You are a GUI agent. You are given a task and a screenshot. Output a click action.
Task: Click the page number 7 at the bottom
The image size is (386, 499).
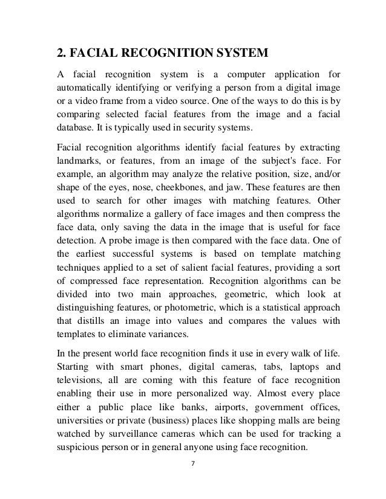192,481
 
